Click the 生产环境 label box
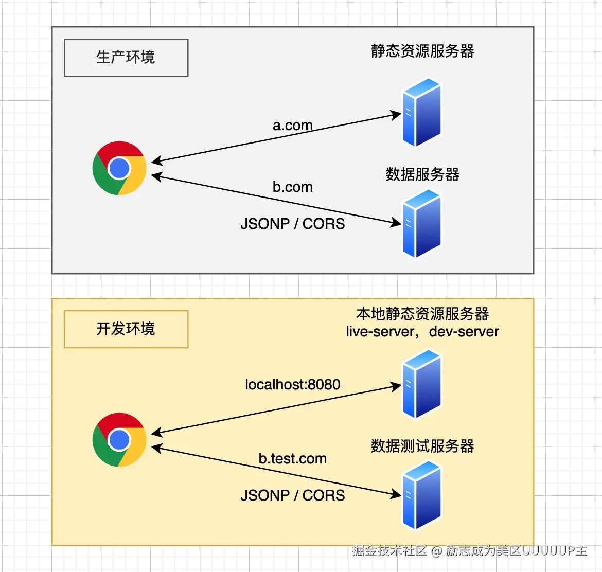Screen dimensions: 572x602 pyautogui.click(x=126, y=58)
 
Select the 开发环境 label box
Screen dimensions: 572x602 pyautogui.click(x=126, y=329)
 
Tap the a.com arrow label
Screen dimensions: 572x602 pyautogui.click(x=292, y=126)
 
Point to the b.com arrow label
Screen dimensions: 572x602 pyautogui.click(x=292, y=187)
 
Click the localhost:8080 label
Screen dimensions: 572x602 pyautogui.click(x=292, y=385)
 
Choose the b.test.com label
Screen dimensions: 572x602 pyautogui.click(x=292, y=459)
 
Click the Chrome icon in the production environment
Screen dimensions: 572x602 pyautogui.click(x=119, y=168)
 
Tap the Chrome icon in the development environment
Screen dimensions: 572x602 pyautogui.click(x=119, y=440)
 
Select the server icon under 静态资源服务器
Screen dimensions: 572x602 pyautogui.click(x=422, y=112)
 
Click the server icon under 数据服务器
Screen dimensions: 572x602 pyautogui.click(x=422, y=223)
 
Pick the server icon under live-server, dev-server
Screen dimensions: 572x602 pyautogui.click(x=422, y=384)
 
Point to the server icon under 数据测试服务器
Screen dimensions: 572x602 pyautogui.click(x=422, y=495)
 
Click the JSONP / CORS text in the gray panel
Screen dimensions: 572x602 pyautogui.click(x=292, y=224)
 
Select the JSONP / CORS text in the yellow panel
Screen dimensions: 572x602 pyautogui.click(x=292, y=496)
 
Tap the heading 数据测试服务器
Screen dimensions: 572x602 pyautogui.click(x=422, y=446)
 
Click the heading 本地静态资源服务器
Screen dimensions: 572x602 pyautogui.click(x=422, y=314)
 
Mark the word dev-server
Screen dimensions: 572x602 pyautogui.click(x=464, y=332)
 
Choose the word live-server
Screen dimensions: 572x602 pyautogui.click(x=380, y=332)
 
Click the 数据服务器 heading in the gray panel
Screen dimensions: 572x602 pyautogui.click(x=422, y=175)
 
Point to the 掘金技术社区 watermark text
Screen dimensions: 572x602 pyautogui.click(x=389, y=551)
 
